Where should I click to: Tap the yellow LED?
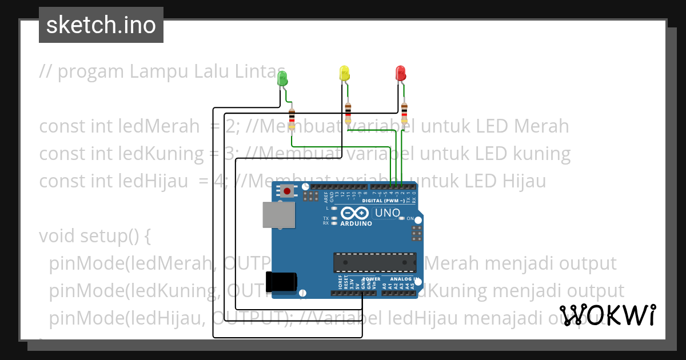[344, 73]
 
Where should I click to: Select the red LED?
[401, 73]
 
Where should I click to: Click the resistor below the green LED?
[292, 119]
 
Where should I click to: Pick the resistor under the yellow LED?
[348, 114]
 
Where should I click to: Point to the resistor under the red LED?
[404, 114]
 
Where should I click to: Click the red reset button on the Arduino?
[286, 191]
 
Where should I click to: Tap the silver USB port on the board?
[278, 215]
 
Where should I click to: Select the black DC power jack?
[281, 281]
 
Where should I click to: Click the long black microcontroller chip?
[374, 262]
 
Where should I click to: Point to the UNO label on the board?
[387, 214]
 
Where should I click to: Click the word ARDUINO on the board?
[356, 223]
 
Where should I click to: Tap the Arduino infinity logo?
[355, 214]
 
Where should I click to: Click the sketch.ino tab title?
[101, 25]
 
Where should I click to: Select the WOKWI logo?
[608, 315]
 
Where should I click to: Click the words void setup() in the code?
[94, 235]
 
